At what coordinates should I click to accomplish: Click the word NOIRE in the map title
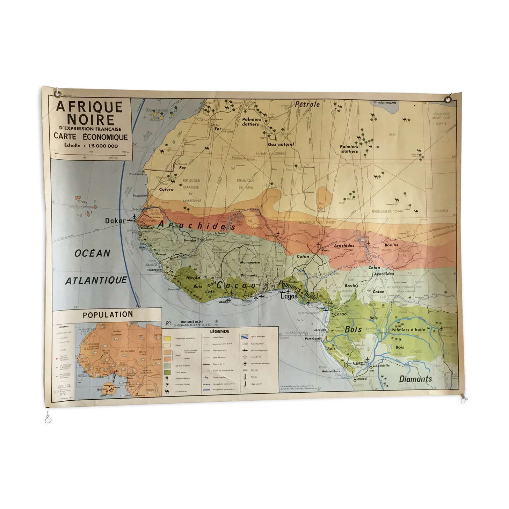(90, 120)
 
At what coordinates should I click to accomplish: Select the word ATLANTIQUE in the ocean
(96, 280)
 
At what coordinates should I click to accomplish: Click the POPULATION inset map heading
(108, 314)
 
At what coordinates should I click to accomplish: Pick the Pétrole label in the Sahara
(307, 104)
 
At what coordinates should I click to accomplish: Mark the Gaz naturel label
(281, 144)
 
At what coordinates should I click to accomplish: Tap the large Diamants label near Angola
(415, 379)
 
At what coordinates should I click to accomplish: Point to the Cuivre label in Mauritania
(166, 189)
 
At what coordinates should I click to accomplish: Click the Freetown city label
(154, 270)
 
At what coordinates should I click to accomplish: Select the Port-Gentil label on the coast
(313, 338)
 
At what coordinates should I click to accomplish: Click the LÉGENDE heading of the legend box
(220, 331)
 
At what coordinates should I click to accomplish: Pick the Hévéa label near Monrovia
(193, 278)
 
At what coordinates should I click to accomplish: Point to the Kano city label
(326, 250)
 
